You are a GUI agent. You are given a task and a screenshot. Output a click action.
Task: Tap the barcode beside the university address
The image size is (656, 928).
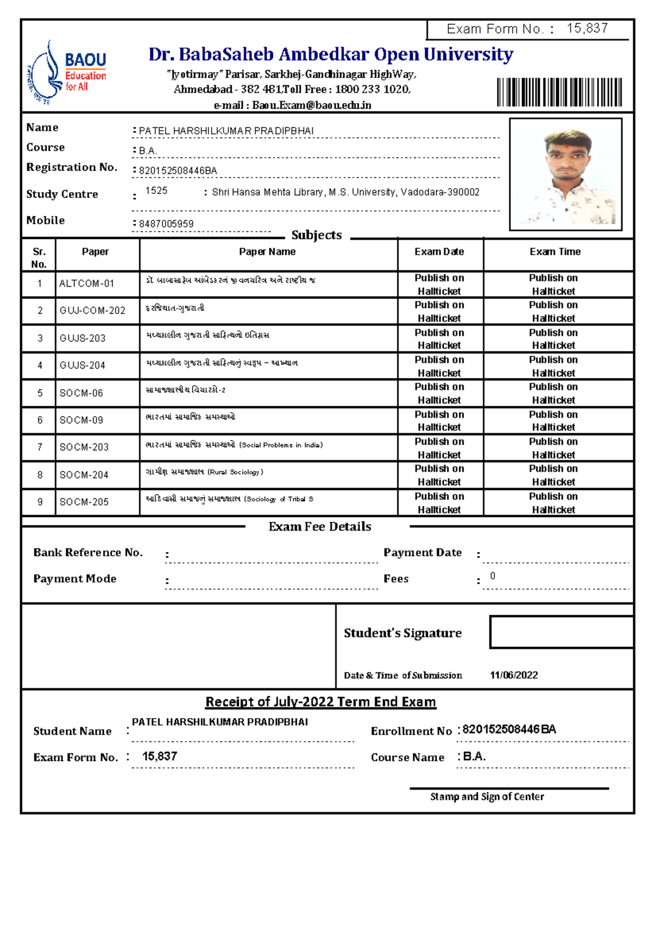[x=559, y=92]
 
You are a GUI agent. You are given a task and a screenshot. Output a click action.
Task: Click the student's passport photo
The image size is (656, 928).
[x=566, y=174]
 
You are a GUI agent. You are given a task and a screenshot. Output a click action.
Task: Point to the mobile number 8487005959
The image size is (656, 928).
[x=166, y=224]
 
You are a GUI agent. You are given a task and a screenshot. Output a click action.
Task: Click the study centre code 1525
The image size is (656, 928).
[x=156, y=191]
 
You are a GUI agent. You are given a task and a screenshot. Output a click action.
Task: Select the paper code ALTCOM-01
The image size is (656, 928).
[x=86, y=283]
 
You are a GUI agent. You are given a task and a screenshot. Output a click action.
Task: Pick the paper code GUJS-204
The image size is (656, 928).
[x=83, y=365]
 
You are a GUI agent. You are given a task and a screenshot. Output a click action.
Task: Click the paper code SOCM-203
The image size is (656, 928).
[x=84, y=447]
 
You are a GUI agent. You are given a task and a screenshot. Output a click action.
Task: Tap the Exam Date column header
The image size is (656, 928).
[x=439, y=252]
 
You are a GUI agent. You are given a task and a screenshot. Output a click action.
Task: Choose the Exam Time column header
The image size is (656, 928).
[x=555, y=252]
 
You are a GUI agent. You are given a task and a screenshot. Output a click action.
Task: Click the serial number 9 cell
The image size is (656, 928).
[x=39, y=502]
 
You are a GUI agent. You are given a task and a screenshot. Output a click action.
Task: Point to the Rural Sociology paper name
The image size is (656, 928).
[x=204, y=472]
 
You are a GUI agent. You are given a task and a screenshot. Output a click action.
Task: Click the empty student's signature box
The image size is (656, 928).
[x=561, y=632]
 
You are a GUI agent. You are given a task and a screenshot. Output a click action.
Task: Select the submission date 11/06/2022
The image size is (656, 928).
[x=513, y=675]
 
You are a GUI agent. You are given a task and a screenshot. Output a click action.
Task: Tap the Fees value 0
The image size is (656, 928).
[x=493, y=576]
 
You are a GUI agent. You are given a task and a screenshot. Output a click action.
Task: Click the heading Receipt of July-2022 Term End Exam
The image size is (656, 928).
[x=320, y=702]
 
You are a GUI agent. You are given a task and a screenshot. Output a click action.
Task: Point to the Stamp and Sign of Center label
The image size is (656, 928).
[x=487, y=797]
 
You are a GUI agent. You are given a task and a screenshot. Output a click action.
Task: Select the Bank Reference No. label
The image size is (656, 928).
[x=88, y=552]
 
